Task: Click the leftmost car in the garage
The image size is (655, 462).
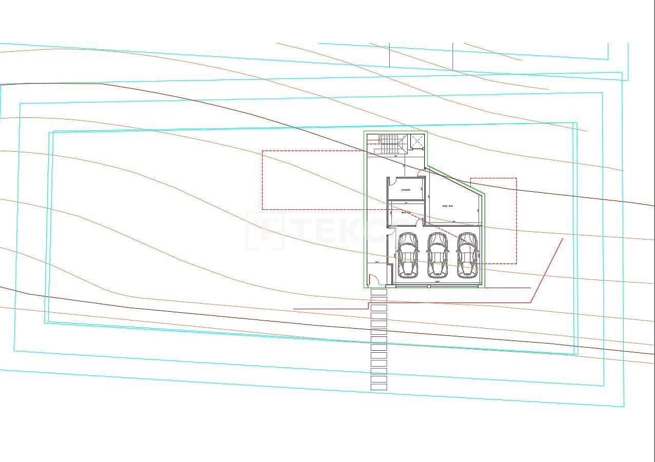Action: pos(408,255)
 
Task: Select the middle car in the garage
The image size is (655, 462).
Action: pos(438,255)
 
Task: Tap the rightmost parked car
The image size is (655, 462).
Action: pos(467,255)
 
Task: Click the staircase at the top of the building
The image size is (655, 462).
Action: pos(392,143)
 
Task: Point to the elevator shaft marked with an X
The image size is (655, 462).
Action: pos(418,141)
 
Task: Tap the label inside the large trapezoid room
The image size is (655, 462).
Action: pos(447,206)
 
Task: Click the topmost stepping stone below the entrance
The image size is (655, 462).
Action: pos(379,292)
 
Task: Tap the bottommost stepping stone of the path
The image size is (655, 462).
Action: pos(379,387)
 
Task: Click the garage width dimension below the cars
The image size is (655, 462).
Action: pos(438,282)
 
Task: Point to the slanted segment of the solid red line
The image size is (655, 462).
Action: pos(547,270)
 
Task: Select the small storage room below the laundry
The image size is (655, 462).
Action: pos(405,213)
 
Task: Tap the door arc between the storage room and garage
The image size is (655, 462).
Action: pos(420,222)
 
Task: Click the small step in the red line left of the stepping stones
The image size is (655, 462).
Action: pos(368,306)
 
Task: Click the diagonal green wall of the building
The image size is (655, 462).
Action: pos(455,179)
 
